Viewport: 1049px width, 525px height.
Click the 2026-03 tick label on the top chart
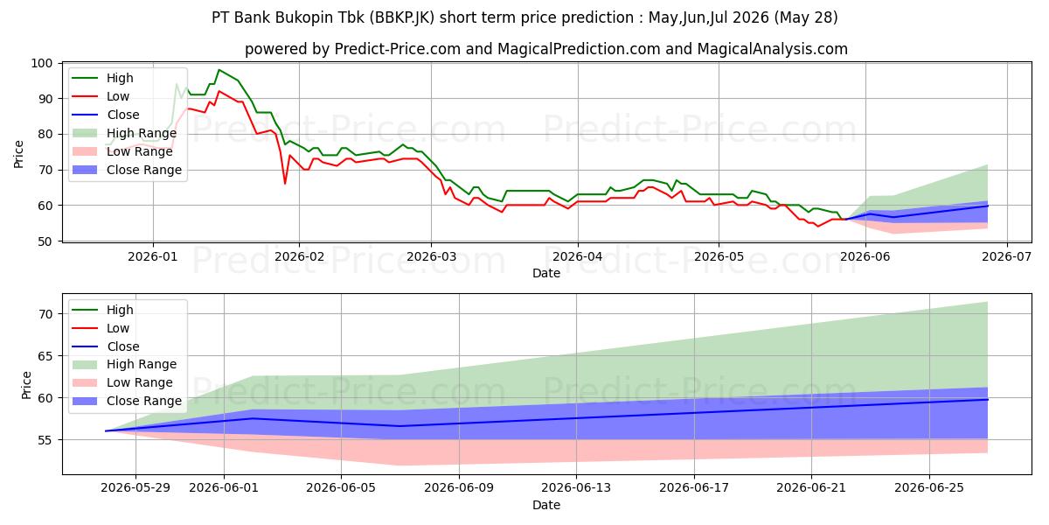pos(431,257)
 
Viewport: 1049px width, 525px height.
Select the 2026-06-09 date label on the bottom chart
pos(459,488)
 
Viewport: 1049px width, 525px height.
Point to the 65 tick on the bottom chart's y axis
pos(45,356)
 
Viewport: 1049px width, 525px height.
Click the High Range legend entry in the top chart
pos(124,133)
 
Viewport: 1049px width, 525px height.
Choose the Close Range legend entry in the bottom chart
pos(127,401)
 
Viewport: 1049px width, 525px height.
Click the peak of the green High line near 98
pos(219,70)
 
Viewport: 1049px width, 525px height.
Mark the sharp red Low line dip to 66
pos(285,183)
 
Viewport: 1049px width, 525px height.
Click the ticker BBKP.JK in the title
pos(402,17)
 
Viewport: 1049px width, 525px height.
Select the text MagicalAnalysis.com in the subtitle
pos(772,49)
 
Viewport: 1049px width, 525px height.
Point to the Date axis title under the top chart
pos(546,273)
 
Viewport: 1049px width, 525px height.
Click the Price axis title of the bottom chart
pos(26,385)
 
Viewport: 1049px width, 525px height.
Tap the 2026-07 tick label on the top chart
pos(1006,257)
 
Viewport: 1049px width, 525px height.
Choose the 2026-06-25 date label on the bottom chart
pos(929,488)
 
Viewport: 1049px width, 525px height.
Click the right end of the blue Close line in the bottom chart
pos(988,399)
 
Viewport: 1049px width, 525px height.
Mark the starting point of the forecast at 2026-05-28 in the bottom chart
pos(107,430)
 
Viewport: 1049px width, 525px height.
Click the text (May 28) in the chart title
pos(805,17)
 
